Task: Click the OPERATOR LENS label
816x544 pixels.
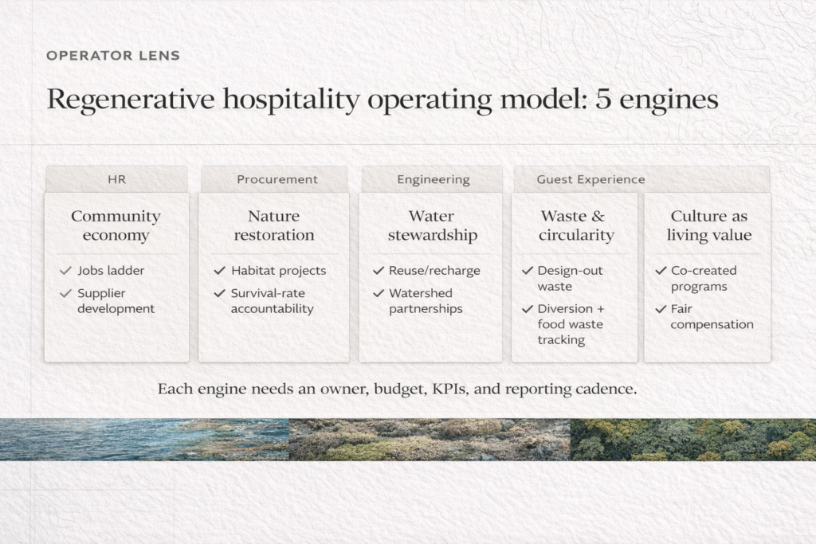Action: pos(112,56)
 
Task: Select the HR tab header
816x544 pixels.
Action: pos(116,179)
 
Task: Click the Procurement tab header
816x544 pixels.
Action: pos(277,179)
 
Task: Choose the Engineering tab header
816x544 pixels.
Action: pos(433,179)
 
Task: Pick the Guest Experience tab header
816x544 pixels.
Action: pos(590,179)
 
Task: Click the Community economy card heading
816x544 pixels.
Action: pos(116,225)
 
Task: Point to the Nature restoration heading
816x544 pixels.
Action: pos(273,225)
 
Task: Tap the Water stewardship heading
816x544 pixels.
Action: pos(431,225)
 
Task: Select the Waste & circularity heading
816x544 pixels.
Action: pos(573,225)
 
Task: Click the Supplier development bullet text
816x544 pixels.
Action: pos(116,301)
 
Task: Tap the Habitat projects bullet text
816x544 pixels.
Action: pos(278,271)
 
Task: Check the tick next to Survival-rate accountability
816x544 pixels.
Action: pos(219,293)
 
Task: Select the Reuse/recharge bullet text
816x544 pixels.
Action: pos(434,271)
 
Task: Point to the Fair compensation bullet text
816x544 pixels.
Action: pos(711,316)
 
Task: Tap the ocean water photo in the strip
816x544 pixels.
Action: pos(143,440)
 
